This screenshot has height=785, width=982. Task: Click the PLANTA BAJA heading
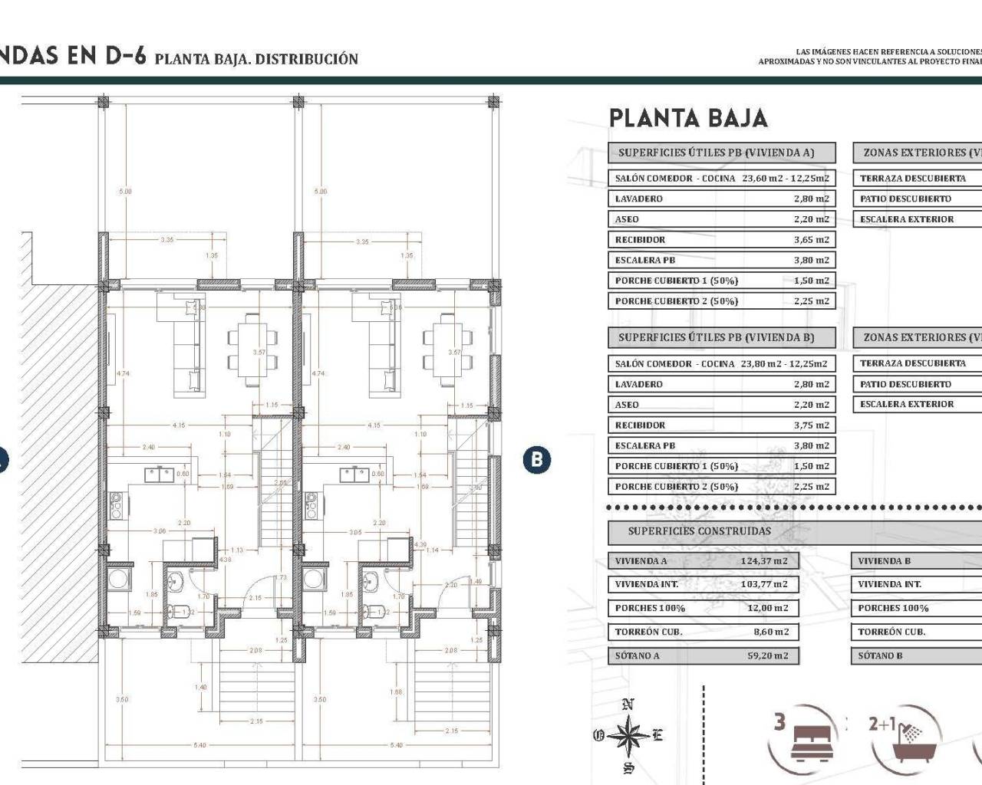pyautogui.click(x=688, y=119)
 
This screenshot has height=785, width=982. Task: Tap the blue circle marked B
pyautogui.click(x=536, y=459)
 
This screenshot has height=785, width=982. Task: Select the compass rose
pyautogui.click(x=628, y=735)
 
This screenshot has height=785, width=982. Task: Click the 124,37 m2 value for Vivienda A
pyautogui.click(x=764, y=561)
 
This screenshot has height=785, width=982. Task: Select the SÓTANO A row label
pyautogui.click(x=637, y=656)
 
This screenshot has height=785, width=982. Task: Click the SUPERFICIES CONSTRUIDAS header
pyautogui.click(x=699, y=531)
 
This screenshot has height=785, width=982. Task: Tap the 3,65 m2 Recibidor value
pyautogui.click(x=811, y=240)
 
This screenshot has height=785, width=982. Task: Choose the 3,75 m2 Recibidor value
pyautogui.click(x=811, y=425)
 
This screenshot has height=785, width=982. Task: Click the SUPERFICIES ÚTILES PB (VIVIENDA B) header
pyautogui.click(x=716, y=337)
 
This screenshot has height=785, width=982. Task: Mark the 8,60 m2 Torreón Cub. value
pyautogui.click(x=770, y=632)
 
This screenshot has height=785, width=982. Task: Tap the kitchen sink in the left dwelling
pyautogui.click(x=160, y=475)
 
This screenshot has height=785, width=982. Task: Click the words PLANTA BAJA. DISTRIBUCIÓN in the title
pyautogui.click(x=256, y=59)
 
